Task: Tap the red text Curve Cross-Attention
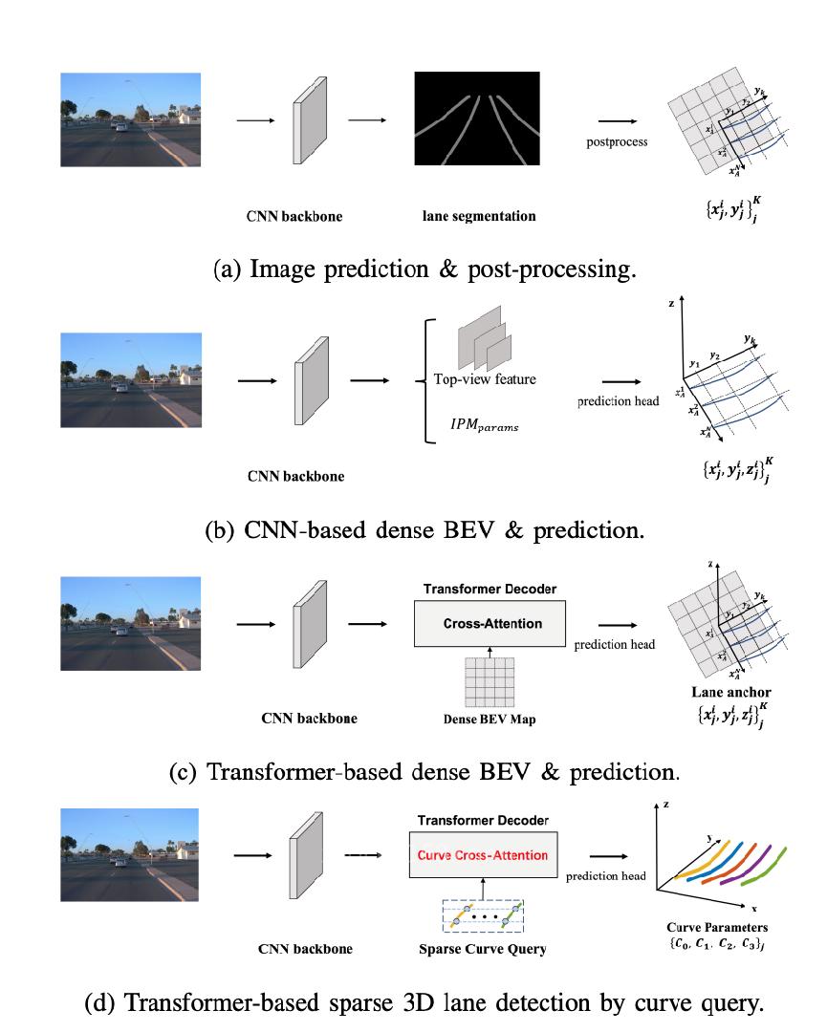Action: coord(482,855)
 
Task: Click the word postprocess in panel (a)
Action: coord(617,142)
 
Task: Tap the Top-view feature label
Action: coord(485,379)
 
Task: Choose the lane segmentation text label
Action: coord(479,216)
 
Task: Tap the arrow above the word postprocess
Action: coord(618,121)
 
